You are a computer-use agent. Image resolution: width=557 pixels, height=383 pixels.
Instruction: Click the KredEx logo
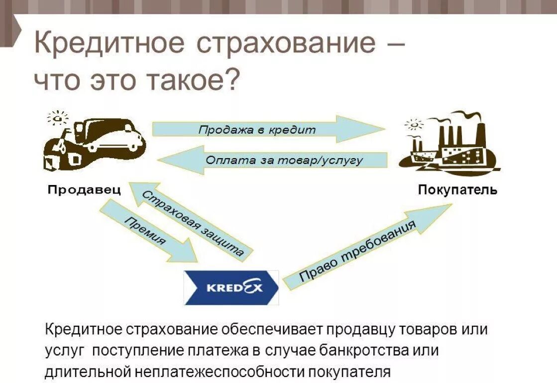point(231,288)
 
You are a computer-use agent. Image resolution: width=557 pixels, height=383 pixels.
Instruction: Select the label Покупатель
point(457,190)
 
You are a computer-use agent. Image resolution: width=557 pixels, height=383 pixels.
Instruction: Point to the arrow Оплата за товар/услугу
point(279,160)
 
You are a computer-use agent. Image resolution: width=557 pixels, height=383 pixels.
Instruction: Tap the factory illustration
point(448,145)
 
